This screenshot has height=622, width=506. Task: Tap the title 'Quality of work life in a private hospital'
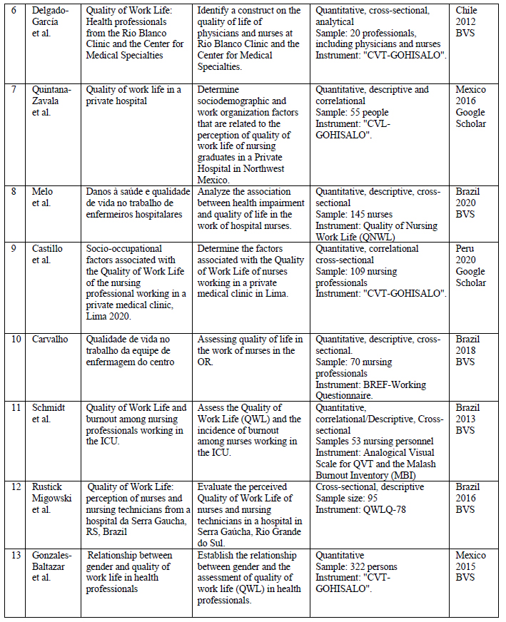(133, 95)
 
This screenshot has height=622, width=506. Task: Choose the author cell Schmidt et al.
(49, 413)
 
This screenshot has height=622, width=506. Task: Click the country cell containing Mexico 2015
(470, 566)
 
